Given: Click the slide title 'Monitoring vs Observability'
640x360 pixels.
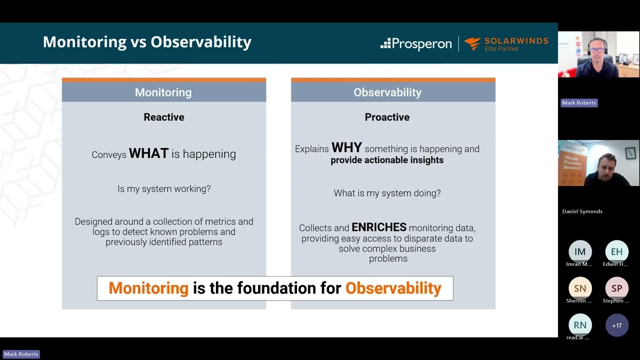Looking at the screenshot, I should pyautogui.click(x=147, y=42).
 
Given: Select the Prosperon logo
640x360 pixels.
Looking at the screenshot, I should pyautogui.click(x=416, y=44).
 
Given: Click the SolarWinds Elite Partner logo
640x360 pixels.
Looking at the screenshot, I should pyautogui.click(x=506, y=44).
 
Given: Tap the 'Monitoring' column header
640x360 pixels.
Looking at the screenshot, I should pyautogui.click(x=163, y=92).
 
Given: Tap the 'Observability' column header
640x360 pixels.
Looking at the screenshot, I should pyautogui.click(x=387, y=92).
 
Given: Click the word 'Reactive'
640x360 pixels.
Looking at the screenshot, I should pyautogui.click(x=164, y=117).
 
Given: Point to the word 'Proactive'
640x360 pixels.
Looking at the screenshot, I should pyautogui.click(x=387, y=117).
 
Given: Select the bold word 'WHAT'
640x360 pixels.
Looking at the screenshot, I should pyautogui.click(x=148, y=153).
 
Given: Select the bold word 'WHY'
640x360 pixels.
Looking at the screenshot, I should pyautogui.click(x=346, y=148).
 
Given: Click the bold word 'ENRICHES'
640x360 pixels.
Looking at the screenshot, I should pyautogui.click(x=379, y=227).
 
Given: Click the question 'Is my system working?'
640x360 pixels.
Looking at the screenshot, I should pyautogui.click(x=164, y=189).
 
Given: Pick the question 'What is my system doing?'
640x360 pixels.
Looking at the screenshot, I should pyautogui.click(x=387, y=193).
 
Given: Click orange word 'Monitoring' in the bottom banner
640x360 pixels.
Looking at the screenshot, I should pyautogui.click(x=148, y=288).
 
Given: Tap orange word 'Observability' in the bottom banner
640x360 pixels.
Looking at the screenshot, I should pyautogui.click(x=393, y=288).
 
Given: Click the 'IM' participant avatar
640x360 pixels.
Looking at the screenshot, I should pyautogui.click(x=580, y=251).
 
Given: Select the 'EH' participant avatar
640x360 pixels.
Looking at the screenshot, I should pyautogui.click(x=616, y=251).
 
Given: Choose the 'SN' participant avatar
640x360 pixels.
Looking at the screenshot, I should pyautogui.click(x=580, y=288).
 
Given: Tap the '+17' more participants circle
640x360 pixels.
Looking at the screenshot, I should pyautogui.click(x=616, y=325).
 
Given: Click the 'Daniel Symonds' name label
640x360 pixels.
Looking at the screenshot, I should pyautogui.click(x=582, y=211).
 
